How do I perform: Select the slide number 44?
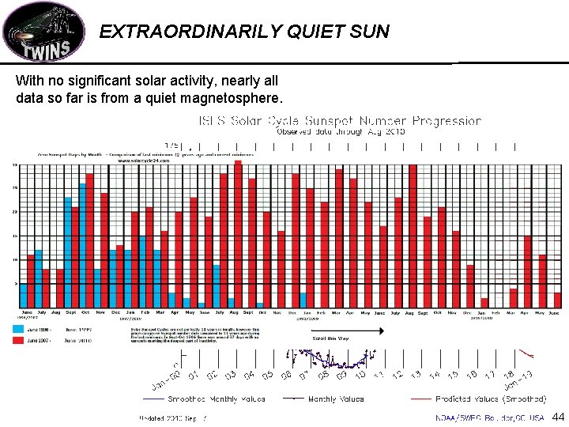click(x=558, y=416)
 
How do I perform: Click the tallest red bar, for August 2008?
click(x=238, y=234)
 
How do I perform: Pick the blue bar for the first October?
click(x=82, y=246)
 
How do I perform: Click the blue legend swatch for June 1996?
click(x=17, y=328)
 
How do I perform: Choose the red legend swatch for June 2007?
click(x=17, y=340)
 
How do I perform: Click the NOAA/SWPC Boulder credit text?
click(x=489, y=417)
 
